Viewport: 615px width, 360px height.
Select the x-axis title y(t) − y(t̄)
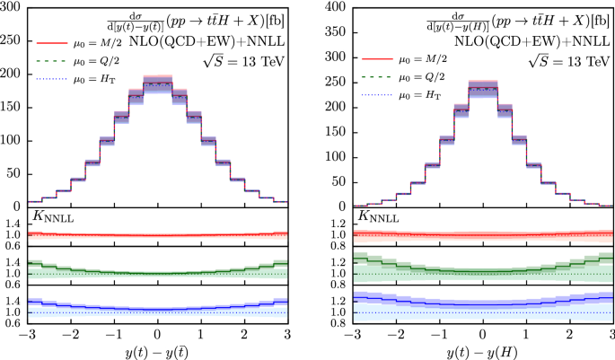pos(156,348)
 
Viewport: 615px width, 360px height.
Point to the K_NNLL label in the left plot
pos(53,216)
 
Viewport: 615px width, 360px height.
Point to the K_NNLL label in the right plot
pos(380,216)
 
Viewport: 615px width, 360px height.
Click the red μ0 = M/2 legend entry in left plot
pos(79,41)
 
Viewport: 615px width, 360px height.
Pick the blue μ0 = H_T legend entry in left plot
pos(79,77)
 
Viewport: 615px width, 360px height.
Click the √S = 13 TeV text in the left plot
pos(242,61)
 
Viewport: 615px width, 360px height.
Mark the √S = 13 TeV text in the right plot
pos(568,61)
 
